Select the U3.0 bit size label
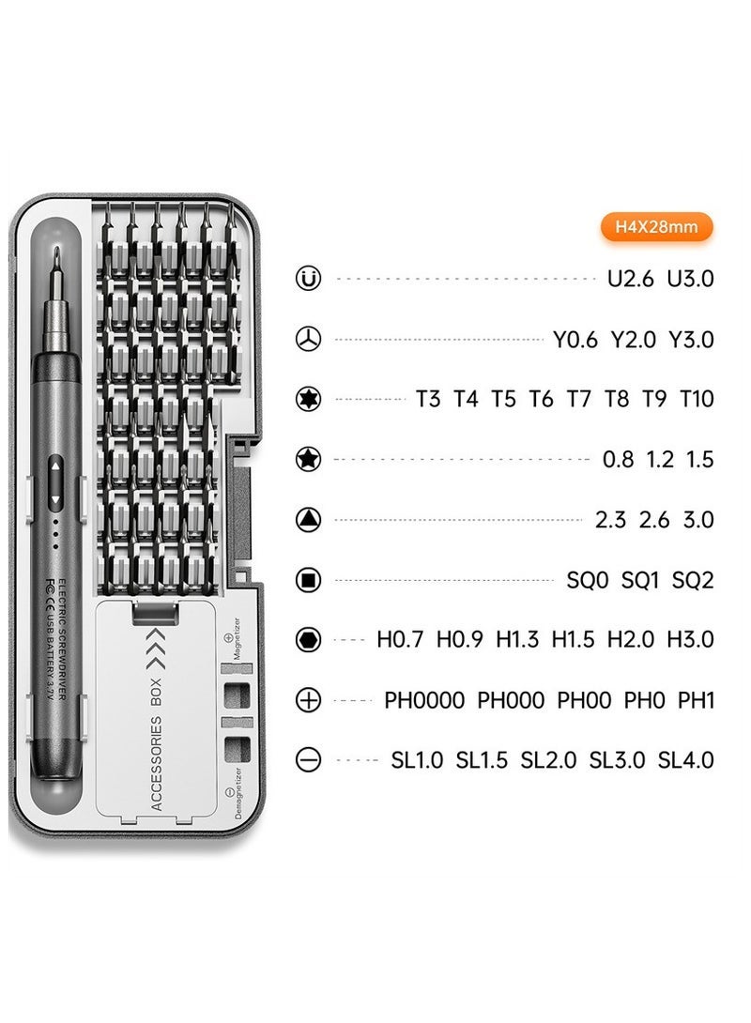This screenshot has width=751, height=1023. point(690,279)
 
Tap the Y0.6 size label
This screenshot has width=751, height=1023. point(575,339)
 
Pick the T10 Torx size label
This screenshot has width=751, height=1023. point(697,399)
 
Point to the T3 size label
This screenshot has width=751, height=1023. point(428,399)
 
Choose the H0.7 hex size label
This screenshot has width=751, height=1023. point(401,640)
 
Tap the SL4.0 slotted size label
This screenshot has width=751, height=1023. point(685,760)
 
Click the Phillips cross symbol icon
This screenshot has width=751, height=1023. point(308,700)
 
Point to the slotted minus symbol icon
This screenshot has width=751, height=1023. point(308,760)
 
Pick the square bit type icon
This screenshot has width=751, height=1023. point(308,580)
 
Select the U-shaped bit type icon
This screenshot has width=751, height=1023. point(308,279)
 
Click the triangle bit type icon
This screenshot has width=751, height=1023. point(308,520)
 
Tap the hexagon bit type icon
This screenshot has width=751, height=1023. point(308,640)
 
